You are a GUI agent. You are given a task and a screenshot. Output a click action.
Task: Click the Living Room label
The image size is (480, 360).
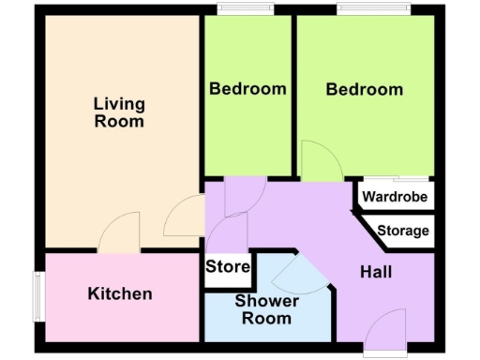click(119, 112)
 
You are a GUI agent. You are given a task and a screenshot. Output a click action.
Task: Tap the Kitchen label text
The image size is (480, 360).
click(120, 293)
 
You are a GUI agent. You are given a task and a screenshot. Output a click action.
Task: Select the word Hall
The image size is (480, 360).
click(376, 272)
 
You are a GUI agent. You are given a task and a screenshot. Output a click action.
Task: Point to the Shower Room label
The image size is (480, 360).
click(267, 309)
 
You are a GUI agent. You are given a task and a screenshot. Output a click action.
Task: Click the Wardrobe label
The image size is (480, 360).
click(395, 198)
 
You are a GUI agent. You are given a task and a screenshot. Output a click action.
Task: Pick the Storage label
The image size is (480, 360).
click(403, 231)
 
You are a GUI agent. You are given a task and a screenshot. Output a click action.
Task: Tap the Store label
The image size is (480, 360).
click(228, 267)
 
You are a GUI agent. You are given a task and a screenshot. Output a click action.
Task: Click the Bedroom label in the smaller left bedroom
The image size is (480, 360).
click(247, 89)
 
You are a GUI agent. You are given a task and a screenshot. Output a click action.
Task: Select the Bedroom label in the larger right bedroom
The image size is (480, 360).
click(365, 89)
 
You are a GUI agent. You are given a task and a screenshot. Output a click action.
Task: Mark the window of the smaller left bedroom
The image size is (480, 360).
click(247, 10)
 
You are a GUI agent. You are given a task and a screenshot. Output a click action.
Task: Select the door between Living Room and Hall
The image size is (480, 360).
click(185, 217)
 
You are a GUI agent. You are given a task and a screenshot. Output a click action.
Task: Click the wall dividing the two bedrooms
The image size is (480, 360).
click(293, 94)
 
